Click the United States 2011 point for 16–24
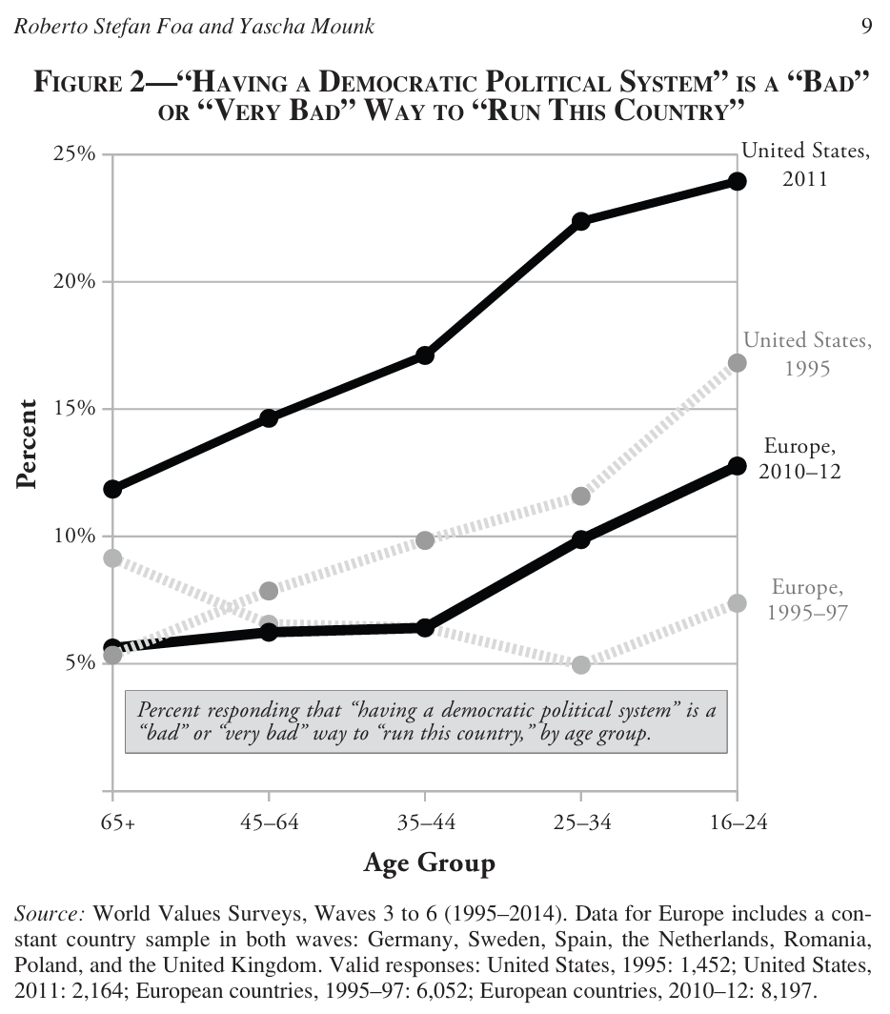(737, 181)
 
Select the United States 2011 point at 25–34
(581, 221)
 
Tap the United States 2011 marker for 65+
(113, 489)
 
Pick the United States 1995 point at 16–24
(737, 363)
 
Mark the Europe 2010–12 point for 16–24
(737, 466)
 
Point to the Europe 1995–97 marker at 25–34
(581, 664)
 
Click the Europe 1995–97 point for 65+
(113, 558)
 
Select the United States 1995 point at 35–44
(425, 540)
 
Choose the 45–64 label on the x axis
(269, 822)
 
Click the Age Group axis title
(430, 863)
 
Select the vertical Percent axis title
(27, 444)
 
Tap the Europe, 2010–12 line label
(800, 458)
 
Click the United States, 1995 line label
(806, 353)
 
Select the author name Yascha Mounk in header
(315, 27)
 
